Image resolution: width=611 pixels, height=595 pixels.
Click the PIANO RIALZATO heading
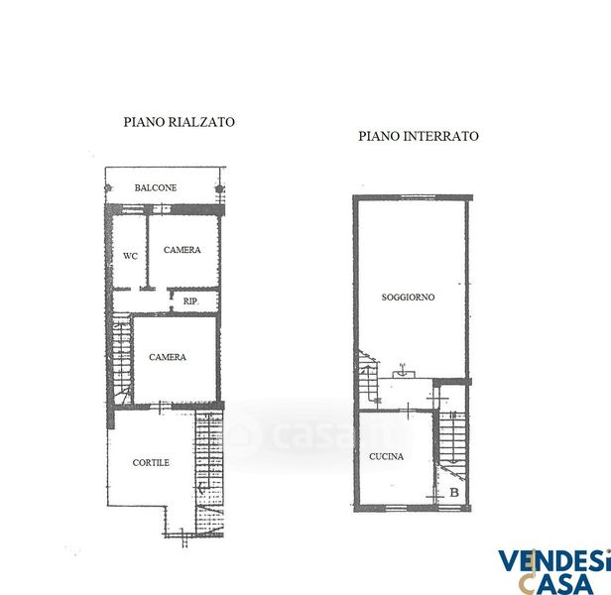[179, 122]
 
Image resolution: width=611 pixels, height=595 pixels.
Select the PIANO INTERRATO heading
[419, 136]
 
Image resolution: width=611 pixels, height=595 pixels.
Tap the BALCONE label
[156, 187]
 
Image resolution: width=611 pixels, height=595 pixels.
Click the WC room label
[130, 256]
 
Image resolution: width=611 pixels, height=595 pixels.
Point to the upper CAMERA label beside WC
[182, 250]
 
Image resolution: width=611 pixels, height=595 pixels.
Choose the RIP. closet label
[190, 301]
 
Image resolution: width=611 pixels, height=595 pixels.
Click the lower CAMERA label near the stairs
[168, 357]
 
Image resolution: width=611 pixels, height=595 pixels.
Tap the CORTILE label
[151, 462]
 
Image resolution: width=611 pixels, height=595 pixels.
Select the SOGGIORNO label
[408, 297]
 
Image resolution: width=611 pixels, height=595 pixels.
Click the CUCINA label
[386, 456]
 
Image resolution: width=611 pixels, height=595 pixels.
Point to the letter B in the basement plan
[454, 493]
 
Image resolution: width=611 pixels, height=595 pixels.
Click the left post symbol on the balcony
[108, 188]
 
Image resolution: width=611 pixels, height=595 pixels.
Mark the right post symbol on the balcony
[219, 189]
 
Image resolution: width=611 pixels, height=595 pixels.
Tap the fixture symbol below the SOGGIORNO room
[404, 372]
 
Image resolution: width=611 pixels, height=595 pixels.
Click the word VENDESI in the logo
[554, 560]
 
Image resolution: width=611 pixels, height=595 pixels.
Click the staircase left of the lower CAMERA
[122, 359]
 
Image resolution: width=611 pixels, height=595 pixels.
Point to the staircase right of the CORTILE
[209, 474]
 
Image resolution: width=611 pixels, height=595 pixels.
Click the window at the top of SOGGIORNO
[418, 197]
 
